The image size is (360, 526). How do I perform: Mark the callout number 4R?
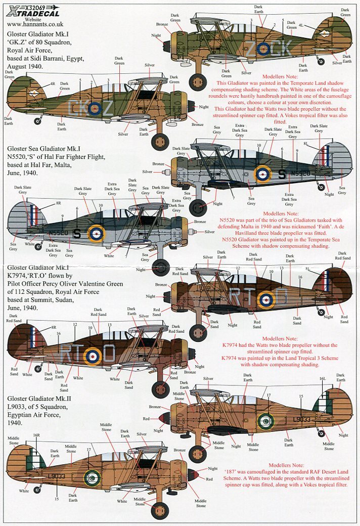coord(53,83)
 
